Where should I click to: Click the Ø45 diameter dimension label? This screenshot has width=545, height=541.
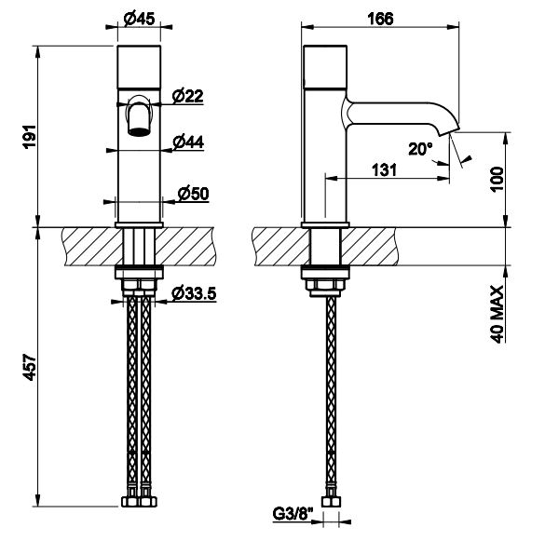click(x=139, y=19)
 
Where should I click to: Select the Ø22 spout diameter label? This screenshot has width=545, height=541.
click(x=187, y=96)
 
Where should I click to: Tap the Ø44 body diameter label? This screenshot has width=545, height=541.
click(x=188, y=142)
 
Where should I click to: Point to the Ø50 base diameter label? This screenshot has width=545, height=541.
click(x=193, y=194)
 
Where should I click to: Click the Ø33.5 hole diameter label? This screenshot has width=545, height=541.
click(x=194, y=294)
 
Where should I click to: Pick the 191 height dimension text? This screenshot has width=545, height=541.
click(x=29, y=137)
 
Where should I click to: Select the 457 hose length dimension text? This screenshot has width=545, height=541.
click(x=29, y=367)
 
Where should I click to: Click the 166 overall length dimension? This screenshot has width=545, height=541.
click(x=381, y=19)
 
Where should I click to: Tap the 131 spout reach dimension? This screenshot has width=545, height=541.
click(x=384, y=170)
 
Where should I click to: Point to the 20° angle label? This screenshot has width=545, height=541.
click(x=420, y=149)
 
